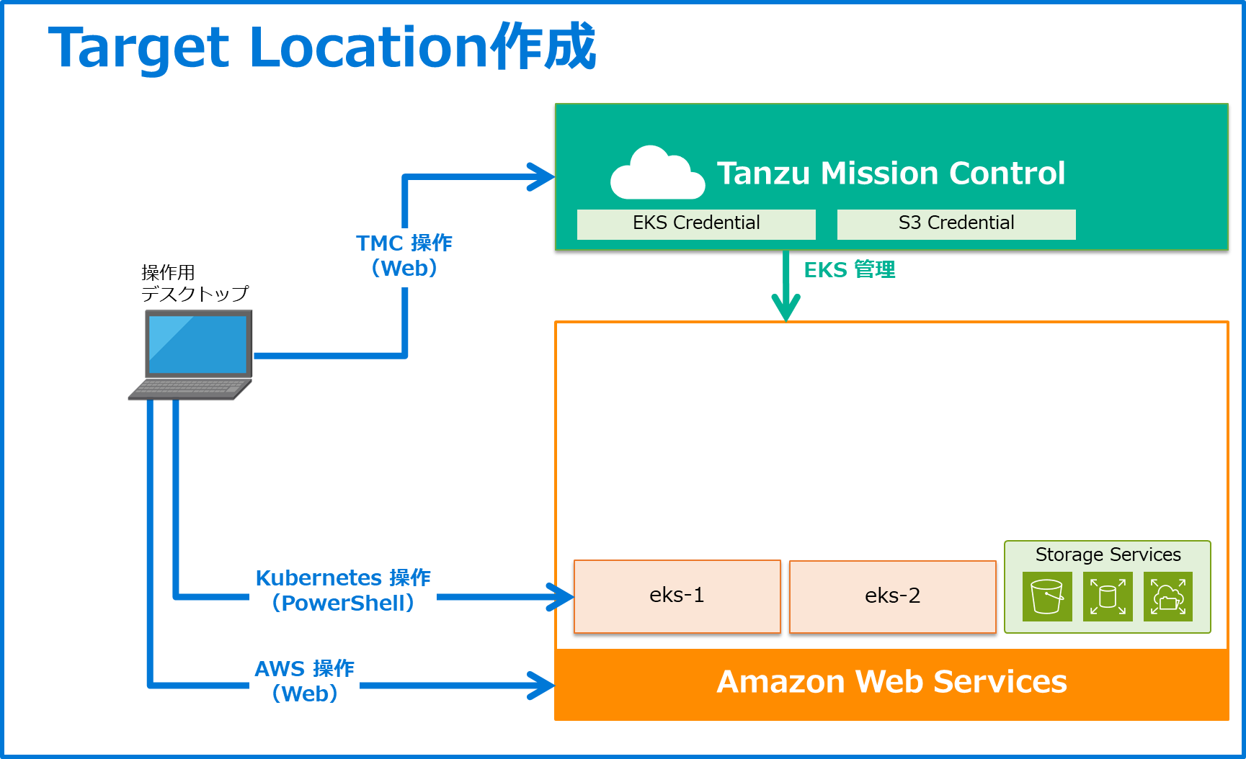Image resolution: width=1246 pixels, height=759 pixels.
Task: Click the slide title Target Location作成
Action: click(x=321, y=48)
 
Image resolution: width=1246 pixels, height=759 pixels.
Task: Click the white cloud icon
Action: click(x=657, y=174)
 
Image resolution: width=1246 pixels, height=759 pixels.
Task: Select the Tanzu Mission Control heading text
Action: click(x=891, y=174)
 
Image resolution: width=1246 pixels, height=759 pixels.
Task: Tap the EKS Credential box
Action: click(x=696, y=224)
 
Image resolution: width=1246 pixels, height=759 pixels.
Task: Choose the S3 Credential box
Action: click(x=956, y=224)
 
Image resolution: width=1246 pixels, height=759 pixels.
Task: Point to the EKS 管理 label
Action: click(x=850, y=270)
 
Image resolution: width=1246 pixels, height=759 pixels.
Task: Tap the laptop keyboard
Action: click(x=190, y=390)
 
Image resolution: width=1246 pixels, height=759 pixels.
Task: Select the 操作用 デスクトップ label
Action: click(x=194, y=283)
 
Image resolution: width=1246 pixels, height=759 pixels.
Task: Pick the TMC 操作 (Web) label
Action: click(x=404, y=256)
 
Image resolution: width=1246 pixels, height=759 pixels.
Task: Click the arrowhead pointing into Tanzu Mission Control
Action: click(x=542, y=177)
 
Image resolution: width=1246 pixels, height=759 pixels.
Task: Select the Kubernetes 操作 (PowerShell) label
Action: click(x=343, y=590)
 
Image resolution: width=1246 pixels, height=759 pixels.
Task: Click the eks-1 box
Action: click(x=677, y=596)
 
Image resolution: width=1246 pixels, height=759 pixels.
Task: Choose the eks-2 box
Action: click(x=892, y=596)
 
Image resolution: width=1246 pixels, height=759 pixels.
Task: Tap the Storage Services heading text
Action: click(x=1108, y=554)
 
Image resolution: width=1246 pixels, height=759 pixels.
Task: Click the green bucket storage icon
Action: click(x=1047, y=596)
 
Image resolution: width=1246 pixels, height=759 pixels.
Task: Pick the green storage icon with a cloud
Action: click(x=1167, y=596)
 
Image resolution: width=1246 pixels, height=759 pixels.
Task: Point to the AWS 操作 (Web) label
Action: click(x=305, y=681)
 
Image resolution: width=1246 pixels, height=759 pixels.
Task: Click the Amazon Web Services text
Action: click(x=891, y=682)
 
